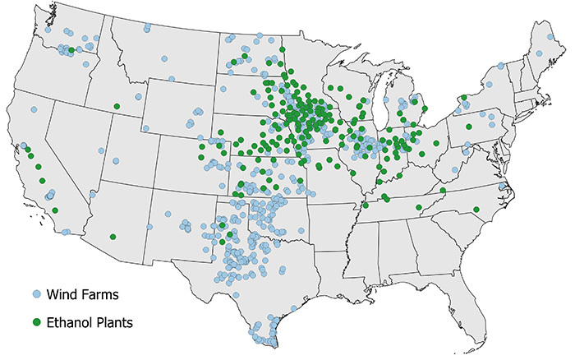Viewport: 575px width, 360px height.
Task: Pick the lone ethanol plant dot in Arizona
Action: pyautogui.click(x=113, y=237)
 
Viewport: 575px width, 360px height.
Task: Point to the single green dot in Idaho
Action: pyautogui.click(x=117, y=107)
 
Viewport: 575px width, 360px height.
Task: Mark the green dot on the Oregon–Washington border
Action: pyautogui.click(x=72, y=51)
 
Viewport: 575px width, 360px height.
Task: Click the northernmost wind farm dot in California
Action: pyautogui.click(x=34, y=109)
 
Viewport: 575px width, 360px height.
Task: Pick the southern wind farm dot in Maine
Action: pyautogui.click(x=539, y=53)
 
